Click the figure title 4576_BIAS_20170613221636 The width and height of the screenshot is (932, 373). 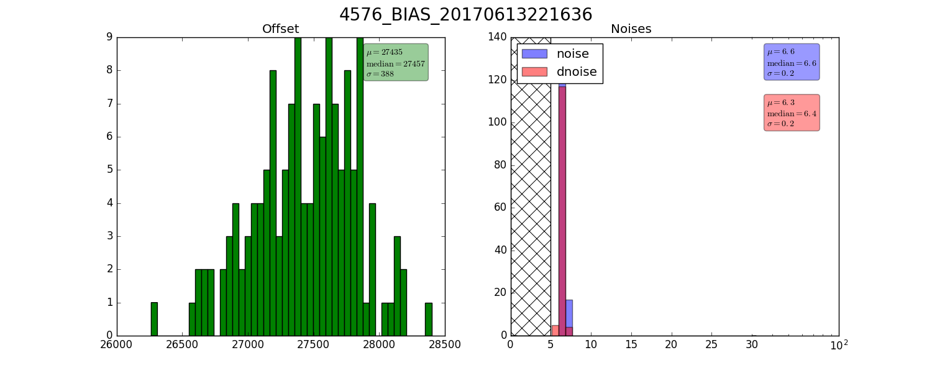pyautogui.click(x=465, y=14)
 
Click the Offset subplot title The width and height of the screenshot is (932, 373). pyautogui.click(x=280, y=29)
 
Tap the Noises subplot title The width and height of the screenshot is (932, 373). pyautogui.click(x=631, y=29)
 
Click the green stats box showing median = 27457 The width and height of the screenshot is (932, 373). pyautogui.click(x=396, y=62)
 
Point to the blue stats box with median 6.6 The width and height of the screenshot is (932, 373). pyautogui.click(x=792, y=62)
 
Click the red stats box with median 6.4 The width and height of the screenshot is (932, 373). pyautogui.click(x=792, y=113)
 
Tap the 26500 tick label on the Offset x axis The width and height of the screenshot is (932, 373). pyautogui.click(x=183, y=345)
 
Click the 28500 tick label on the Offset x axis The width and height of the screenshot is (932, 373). pyautogui.click(x=444, y=345)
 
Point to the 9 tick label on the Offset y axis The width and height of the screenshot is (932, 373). pyautogui.click(x=109, y=37)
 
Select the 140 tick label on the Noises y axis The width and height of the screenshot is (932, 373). pyautogui.click(x=498, y=37)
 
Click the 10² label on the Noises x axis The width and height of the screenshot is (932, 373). pyautogui.click(x=839, y=346)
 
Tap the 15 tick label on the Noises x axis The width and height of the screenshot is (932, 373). pyautogui.click(x=631, y=345)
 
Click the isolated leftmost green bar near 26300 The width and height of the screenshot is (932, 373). pyautogui.click(x=154, y=319)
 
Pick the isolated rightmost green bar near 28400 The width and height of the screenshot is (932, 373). pyautogui.click(x=429, y=319)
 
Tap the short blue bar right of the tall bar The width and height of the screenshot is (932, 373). pyautogui.click(x=569, y=313)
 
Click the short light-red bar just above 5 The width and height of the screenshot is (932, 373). pyautogui.click(x=555, y=331)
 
